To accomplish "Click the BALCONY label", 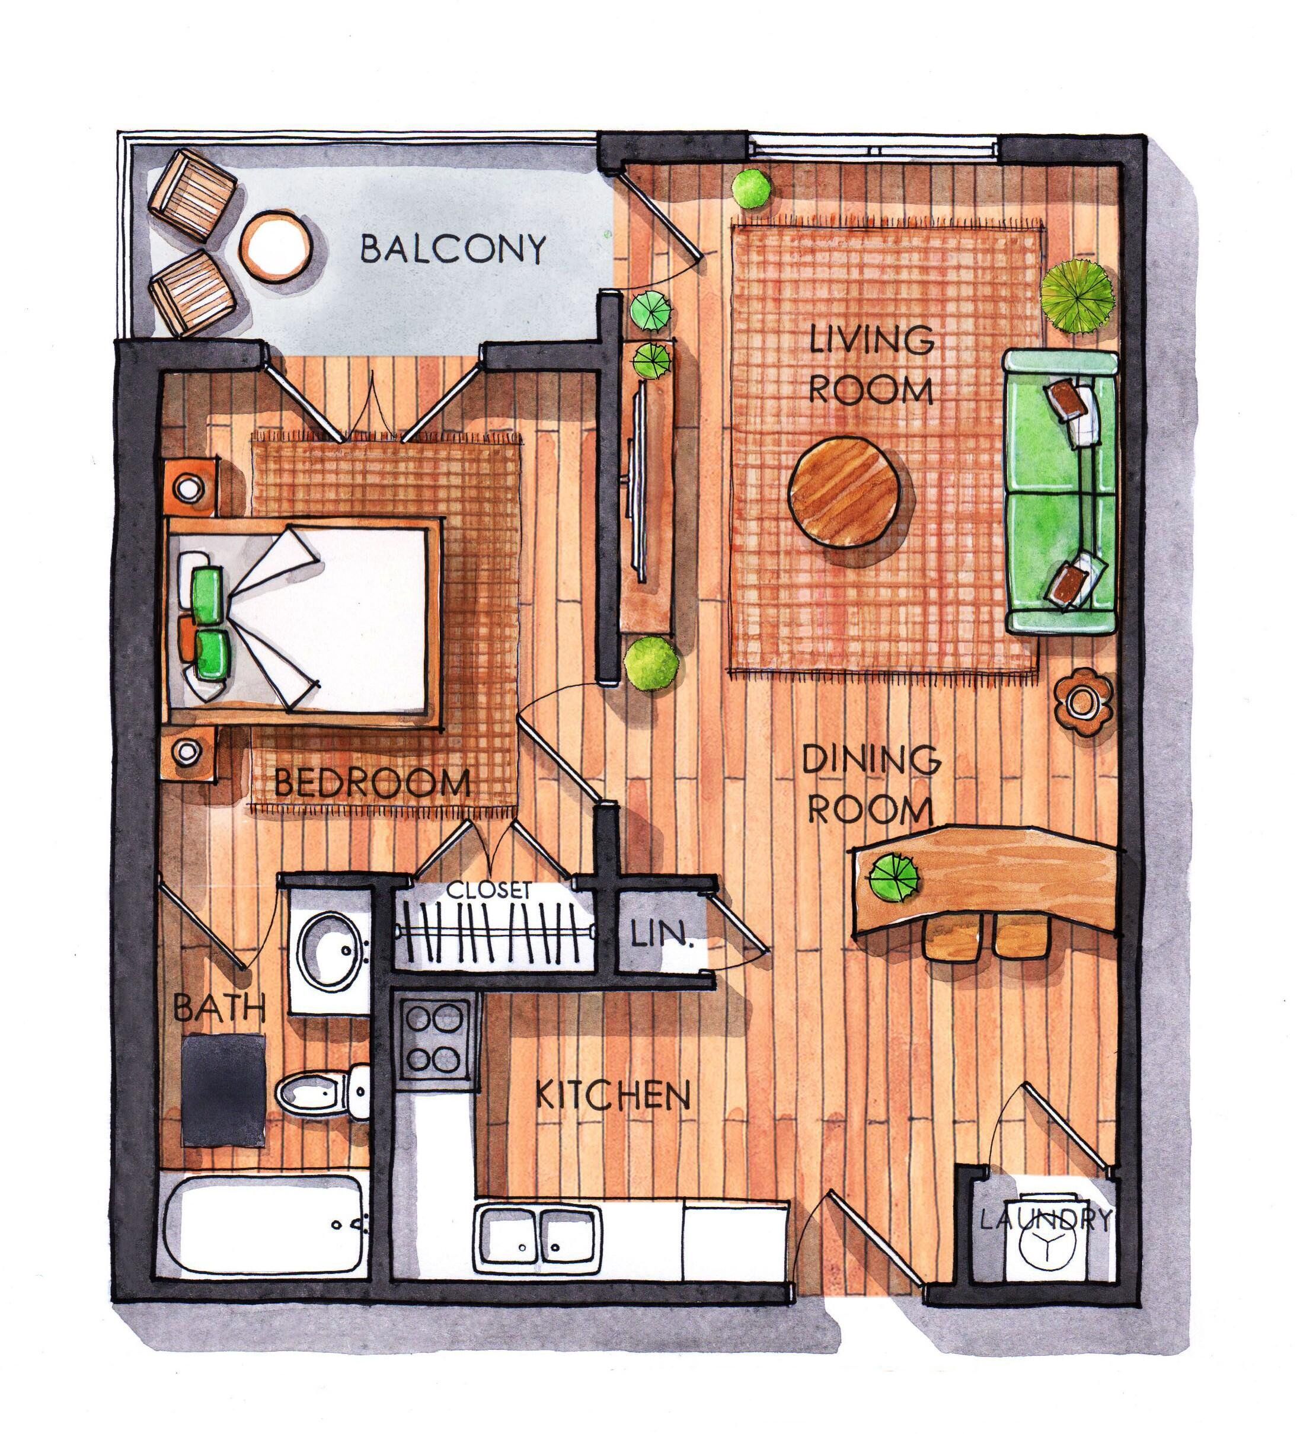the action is point(453,250).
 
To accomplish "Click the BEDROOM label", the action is point(372,784).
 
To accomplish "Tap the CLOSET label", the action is point(490,890).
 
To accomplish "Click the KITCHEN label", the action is point(612,1115).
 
